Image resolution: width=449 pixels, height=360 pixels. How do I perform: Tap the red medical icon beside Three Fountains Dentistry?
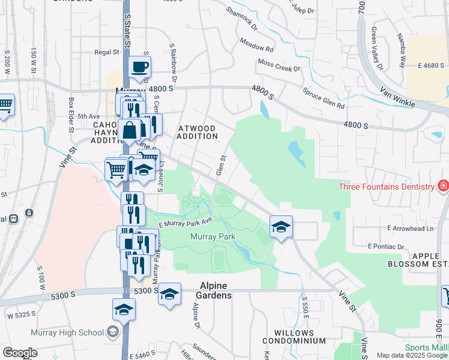tap(443, 186)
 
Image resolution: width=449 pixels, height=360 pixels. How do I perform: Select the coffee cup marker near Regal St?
tap(139, 68)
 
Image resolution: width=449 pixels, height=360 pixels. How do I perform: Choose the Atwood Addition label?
tap(197, 132)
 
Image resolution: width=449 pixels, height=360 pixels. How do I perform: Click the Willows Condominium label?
tap(300, 337)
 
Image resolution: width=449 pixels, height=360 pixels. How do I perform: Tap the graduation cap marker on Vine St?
tap(280, 227)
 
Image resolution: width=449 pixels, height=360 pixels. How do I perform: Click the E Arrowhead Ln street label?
tap(411, 229)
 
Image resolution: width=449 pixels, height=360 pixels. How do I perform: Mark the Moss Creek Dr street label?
tap(279, 65)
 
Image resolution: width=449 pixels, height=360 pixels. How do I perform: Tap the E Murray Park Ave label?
tap(185, 223)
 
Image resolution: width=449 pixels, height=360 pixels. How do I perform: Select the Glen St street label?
tap(221, 166)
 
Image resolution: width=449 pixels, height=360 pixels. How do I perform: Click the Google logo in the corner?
tap(20, 353)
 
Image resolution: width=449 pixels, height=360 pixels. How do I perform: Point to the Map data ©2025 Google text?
tap(412, 355)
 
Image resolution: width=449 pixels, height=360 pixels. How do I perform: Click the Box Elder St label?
tap(71, 115)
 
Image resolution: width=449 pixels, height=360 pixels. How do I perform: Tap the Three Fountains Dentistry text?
tap(386, 187)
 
